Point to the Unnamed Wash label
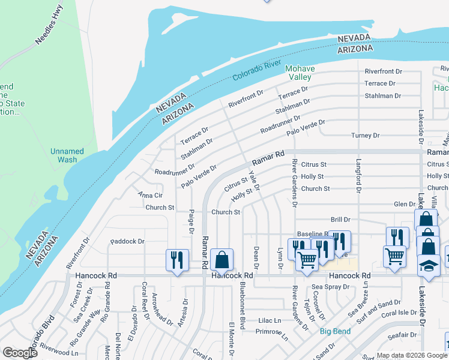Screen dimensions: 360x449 (67, 155)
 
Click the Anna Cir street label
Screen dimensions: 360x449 (150, 195)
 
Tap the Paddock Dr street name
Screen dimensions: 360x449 (127, 242)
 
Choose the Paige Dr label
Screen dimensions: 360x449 (191, 221)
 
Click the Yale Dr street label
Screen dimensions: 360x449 (255, 181)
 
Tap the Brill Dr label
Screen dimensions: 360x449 (340, 220)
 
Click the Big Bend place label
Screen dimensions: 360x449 (334, 331)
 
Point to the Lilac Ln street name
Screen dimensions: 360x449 (270, 321)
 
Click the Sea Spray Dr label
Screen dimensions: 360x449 (343, 287)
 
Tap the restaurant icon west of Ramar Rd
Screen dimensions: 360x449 (177, 260)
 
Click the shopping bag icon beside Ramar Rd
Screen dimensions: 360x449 (221, 260)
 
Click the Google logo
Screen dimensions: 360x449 (20, 353)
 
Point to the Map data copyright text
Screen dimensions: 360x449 (411, 355)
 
